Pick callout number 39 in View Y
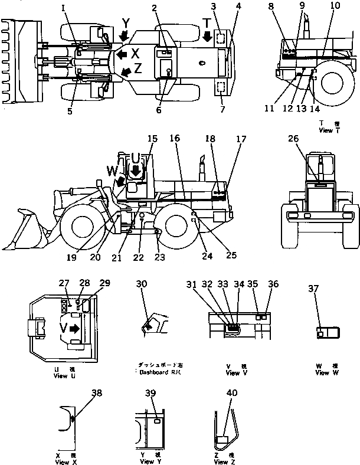click(x=152, y=394)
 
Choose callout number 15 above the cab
click(x=152, y=139)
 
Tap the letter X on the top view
click(x=136, y=53)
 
